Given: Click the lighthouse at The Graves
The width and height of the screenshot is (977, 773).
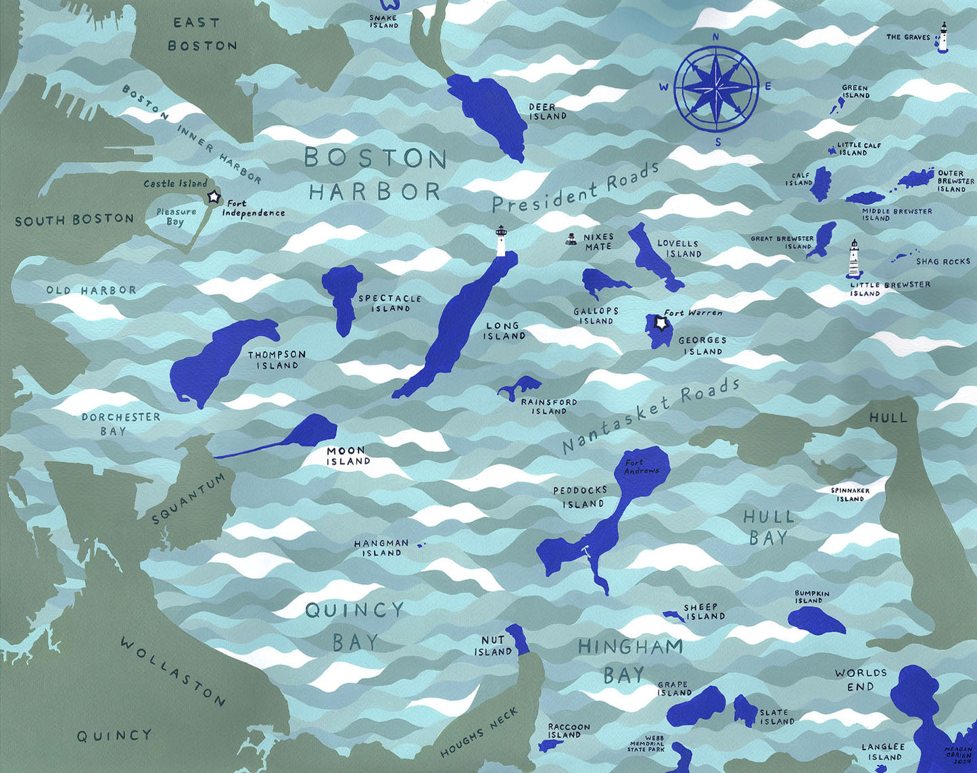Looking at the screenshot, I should coord(943,37).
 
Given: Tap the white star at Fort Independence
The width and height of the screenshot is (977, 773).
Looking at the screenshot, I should coord(214,197).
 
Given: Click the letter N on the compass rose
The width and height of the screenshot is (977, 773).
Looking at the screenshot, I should coord(717,38).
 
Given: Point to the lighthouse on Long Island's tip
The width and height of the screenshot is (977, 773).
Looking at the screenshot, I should coord(501,241).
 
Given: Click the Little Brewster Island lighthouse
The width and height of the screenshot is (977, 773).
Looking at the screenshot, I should coord(854,259).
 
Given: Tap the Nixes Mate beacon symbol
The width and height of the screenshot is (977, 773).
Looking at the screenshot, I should coord(572,239).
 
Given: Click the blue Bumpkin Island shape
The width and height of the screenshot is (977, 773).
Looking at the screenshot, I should coord(815,619).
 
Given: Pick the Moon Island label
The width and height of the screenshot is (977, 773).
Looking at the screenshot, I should coord(348,456).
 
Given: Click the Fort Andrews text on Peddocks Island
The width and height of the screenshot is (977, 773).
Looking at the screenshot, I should coord(641,467).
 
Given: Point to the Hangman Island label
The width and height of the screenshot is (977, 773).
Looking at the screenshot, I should coord(381,548).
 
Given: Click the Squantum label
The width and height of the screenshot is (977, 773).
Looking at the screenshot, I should coord(188,498).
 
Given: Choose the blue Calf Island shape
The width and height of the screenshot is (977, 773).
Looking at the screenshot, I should coord(821,183).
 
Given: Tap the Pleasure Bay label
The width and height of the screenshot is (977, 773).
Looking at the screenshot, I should coord(175,216).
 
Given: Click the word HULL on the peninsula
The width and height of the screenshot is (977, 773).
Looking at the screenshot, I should coord(888,418).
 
